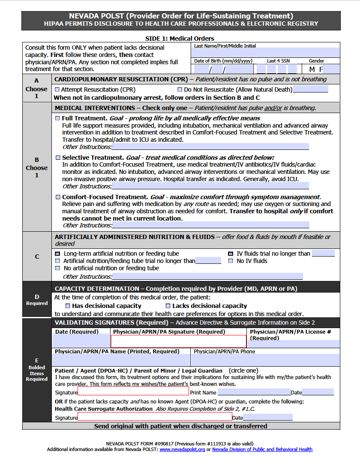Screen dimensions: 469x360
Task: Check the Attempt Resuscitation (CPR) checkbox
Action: (x=57, y=90)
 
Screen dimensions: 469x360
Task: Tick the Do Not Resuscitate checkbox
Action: (x=180, y=90)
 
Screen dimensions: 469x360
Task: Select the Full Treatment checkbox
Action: (x=58, y=118)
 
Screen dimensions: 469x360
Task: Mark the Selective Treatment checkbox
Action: (x=58, y=158)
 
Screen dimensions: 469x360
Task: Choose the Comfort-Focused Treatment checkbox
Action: (x=58, y=197)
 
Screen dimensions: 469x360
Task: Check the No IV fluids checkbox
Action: (x=231, y=261)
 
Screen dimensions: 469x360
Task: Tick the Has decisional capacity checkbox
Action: (x=68, y=306)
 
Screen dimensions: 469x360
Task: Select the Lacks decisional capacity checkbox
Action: (x=168, y=306)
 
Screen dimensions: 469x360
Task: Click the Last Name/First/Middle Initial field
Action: (x=267, y=53)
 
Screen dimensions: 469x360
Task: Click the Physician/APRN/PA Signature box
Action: (x=179, y=341)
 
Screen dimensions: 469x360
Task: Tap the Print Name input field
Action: (x=254, y=392)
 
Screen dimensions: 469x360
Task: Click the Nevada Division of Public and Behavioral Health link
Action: (x=262, y=449)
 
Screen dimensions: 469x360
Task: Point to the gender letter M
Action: (x=312, y=69)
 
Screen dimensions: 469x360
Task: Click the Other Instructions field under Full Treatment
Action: (x=210, y=147)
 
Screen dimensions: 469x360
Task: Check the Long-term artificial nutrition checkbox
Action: (x=58, y=254)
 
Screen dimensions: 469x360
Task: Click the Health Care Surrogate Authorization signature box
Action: (x=155, y=417)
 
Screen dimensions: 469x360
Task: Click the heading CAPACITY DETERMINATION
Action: (x=97, y=289)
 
